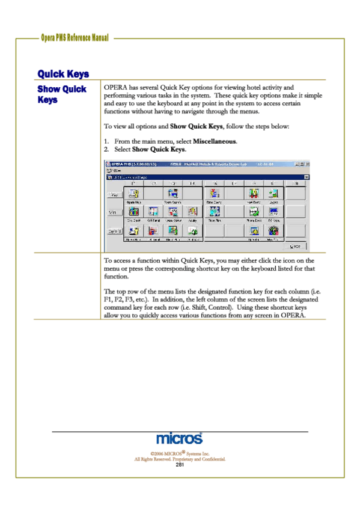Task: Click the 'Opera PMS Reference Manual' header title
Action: click(75, 38)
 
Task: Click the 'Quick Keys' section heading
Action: click(63, 74)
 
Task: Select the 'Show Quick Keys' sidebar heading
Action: click(62, 94)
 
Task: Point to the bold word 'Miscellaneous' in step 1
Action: click(215, 141)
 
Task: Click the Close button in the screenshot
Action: click(295, 246)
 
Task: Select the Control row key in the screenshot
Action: click(112, 231)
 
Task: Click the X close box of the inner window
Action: click(306, 177)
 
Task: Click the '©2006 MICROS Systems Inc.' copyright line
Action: click(179, 453)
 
